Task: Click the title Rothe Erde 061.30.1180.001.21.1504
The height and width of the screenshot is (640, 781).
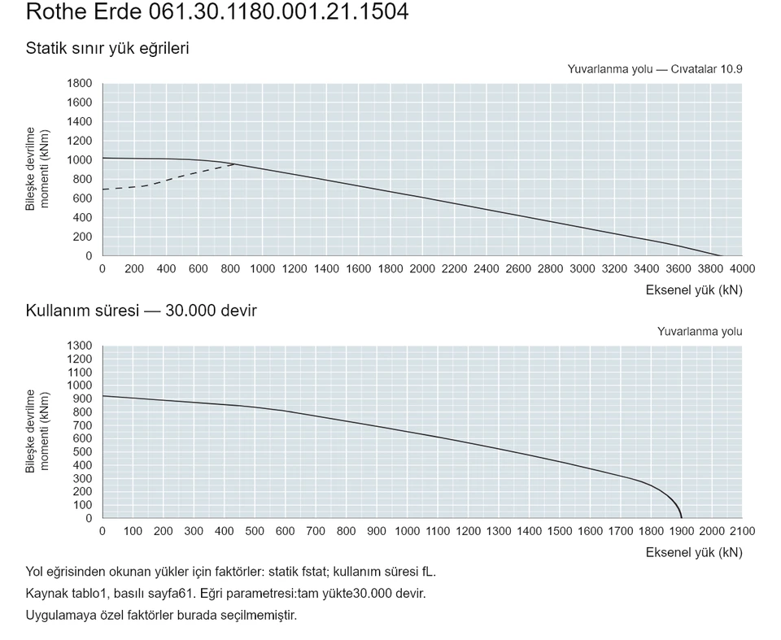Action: click(217, 11)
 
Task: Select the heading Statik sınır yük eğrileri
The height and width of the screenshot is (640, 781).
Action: click(107, 48)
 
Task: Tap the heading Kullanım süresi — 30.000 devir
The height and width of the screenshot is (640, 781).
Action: click(141, 311)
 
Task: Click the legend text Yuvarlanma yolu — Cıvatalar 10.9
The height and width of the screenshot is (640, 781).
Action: click(654, 69)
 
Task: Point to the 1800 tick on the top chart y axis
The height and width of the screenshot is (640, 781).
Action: click(79, 83)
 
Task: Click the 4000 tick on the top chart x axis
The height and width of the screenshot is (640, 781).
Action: click(742, 269)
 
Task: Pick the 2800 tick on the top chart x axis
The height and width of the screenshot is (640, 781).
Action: click(551, 269)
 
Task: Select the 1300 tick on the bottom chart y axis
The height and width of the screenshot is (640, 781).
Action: click(79, 346)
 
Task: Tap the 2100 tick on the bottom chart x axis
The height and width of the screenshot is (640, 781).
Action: click(742, 531)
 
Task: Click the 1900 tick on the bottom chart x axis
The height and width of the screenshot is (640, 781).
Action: click(682, 531)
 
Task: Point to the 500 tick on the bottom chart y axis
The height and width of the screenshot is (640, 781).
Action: click(82, 451)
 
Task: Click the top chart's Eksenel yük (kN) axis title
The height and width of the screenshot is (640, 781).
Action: click(694, 290)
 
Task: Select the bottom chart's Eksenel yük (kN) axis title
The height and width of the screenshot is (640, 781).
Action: click(694, 552)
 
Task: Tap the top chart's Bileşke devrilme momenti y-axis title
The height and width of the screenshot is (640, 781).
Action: click(37, 168)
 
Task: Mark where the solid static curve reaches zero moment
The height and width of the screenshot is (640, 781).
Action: click(720, 255)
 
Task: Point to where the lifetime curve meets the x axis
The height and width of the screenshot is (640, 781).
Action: click(682, 518)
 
